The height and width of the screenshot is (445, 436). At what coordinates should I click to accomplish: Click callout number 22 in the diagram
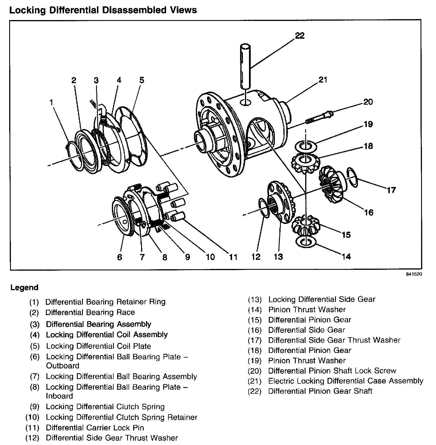(x=300, y=36)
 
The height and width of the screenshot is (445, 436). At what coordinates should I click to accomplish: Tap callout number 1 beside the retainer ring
(x=51, y=102)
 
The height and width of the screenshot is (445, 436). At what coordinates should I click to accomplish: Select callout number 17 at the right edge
(x=391, y=190)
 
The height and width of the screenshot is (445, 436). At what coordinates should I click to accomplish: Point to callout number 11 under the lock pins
(x=233, y=257)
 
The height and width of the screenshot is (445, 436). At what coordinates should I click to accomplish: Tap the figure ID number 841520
(x=414, y=274)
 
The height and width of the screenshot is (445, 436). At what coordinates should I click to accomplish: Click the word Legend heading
(x=24, y=287)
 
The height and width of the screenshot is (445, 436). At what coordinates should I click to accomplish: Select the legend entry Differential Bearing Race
(x=90, y=312)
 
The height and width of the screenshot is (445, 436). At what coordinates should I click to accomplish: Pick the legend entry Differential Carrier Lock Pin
(x=95, y=428)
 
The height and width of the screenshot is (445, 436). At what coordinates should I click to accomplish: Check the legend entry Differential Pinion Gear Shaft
(x=320, y=391)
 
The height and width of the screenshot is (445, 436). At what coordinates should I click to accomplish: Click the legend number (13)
(x=255, y=300)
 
